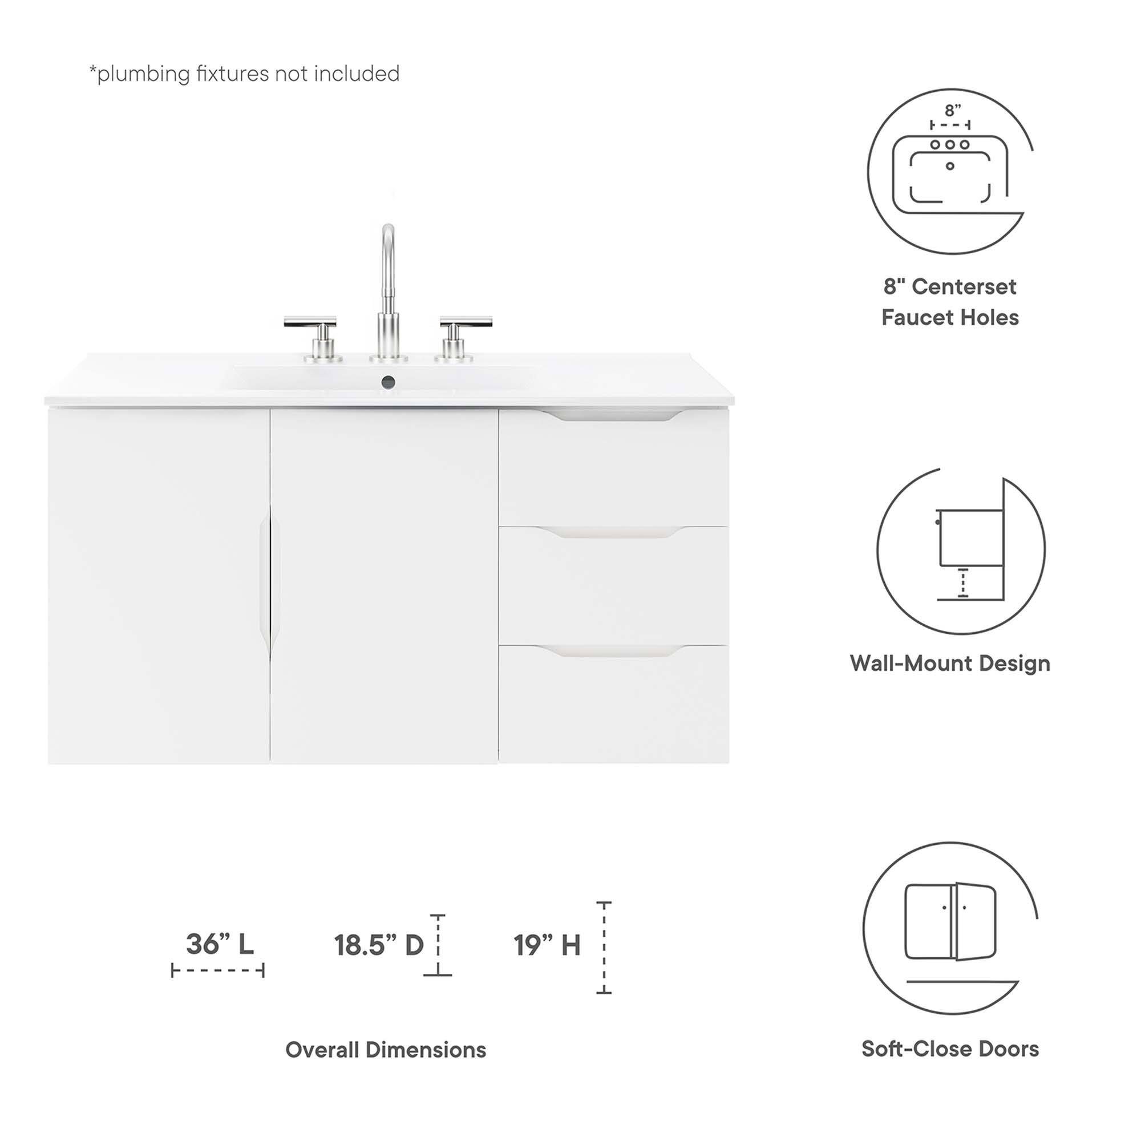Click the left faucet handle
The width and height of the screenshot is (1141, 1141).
(311, 322)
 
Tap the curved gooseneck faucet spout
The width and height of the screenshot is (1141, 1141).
(387, 260)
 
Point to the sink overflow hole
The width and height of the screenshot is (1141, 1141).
(388, 382)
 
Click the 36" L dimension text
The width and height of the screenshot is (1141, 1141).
(220, 944)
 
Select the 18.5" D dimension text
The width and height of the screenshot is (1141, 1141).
(379, 945)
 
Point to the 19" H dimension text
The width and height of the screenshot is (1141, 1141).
(547, 945)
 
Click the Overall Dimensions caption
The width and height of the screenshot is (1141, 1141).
(386, 1050)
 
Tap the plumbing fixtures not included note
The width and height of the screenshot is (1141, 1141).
(245, 74)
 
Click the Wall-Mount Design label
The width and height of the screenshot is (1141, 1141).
(950, 663)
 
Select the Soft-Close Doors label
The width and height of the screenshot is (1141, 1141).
(950, 1049)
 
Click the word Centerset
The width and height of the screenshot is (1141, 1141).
(964, 287)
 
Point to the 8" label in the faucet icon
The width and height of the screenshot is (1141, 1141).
(952, 111)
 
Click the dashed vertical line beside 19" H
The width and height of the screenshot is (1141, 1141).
(604, 948)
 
